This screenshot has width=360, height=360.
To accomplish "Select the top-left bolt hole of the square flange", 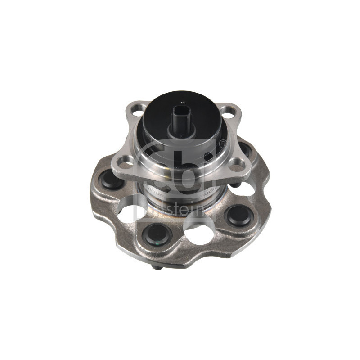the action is [137, 112].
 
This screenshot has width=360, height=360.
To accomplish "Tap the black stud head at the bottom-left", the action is [157, 234].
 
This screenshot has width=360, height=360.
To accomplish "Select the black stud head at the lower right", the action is [239, 216].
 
